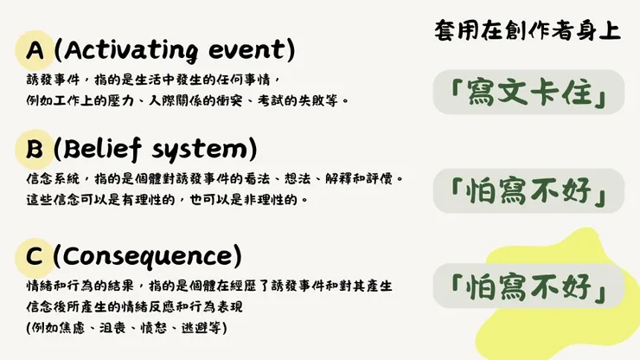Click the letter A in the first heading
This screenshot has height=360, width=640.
35,50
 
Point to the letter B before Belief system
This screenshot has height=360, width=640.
35,150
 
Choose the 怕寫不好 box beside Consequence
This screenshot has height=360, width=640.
528,286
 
